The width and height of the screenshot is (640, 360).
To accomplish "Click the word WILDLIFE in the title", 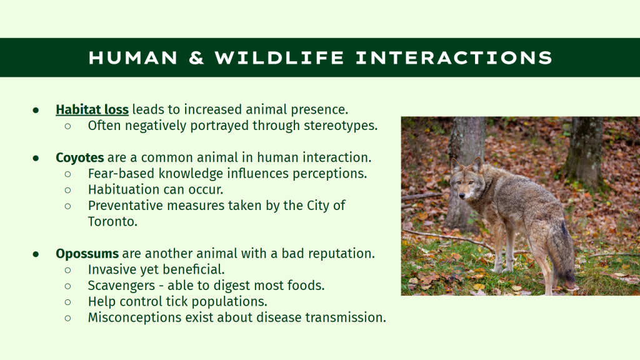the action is [279, 57].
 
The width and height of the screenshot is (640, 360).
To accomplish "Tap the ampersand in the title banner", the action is [196, 57].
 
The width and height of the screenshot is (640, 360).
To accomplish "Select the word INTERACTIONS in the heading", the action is [454, 57].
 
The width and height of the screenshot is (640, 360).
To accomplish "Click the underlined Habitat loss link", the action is [92, 109].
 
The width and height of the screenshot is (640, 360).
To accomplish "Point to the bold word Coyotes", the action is [80, 157].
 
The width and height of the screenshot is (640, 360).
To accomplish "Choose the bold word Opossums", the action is [87, 254].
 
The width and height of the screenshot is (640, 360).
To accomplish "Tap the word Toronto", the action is [112, 222].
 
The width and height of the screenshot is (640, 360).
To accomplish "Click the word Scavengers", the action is [122, 286].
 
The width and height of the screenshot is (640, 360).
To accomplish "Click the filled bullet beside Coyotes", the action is [36, 158].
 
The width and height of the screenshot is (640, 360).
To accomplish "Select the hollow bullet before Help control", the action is [67, 302].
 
